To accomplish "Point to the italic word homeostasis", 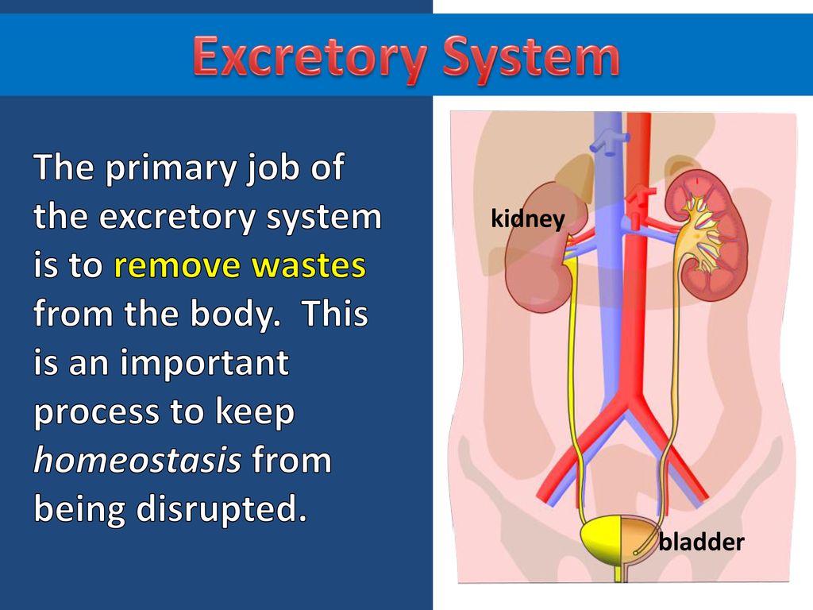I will [x=137, y=460].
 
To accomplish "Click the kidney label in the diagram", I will [x=527, y=219].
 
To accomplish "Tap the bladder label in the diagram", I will [x=701, y=542].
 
